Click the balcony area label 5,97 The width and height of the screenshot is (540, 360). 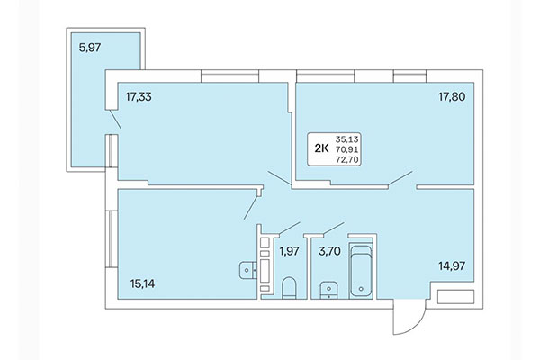(x=89, y=49)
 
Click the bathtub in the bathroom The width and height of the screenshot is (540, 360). (x=361, y=269)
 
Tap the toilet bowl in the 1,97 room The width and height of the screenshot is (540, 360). (x=289, y=288)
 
